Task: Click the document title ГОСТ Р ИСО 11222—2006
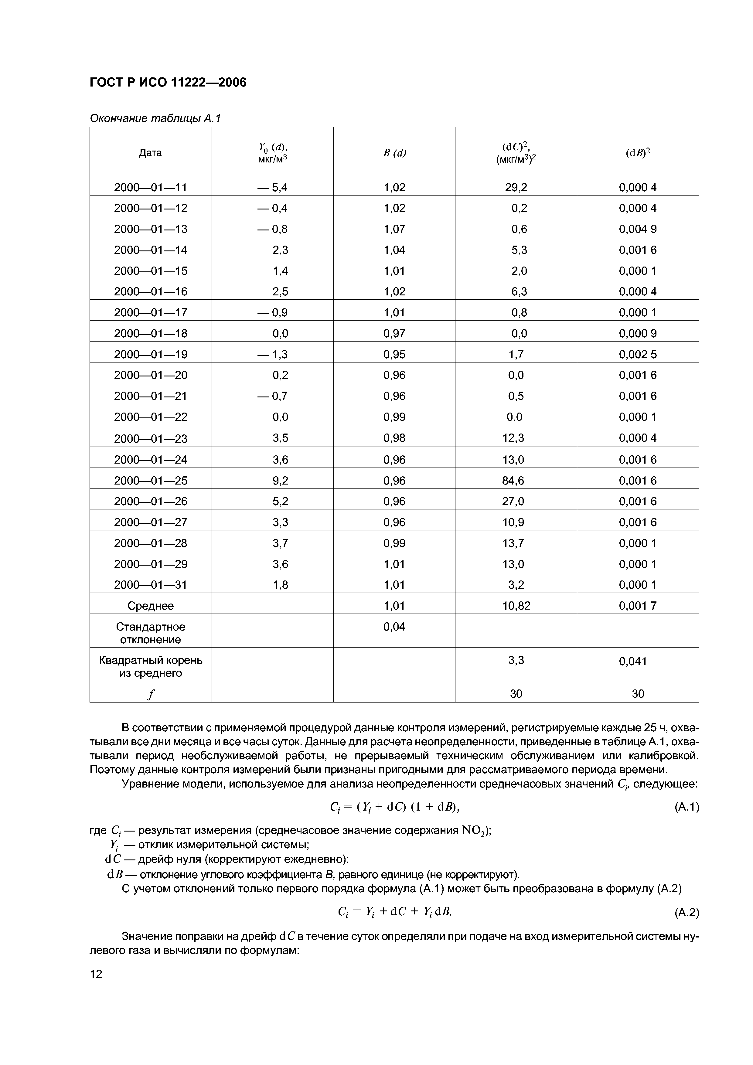(x=168, y=83)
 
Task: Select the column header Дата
(x=150, y=153)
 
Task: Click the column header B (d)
(x=394, y=153)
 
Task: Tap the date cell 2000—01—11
(x=150, y=187)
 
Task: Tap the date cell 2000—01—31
(x=150, y=585)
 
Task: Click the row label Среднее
(x=150, y=606)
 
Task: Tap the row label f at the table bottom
(x=150, y=694)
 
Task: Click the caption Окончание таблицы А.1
(x=155, y=119)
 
